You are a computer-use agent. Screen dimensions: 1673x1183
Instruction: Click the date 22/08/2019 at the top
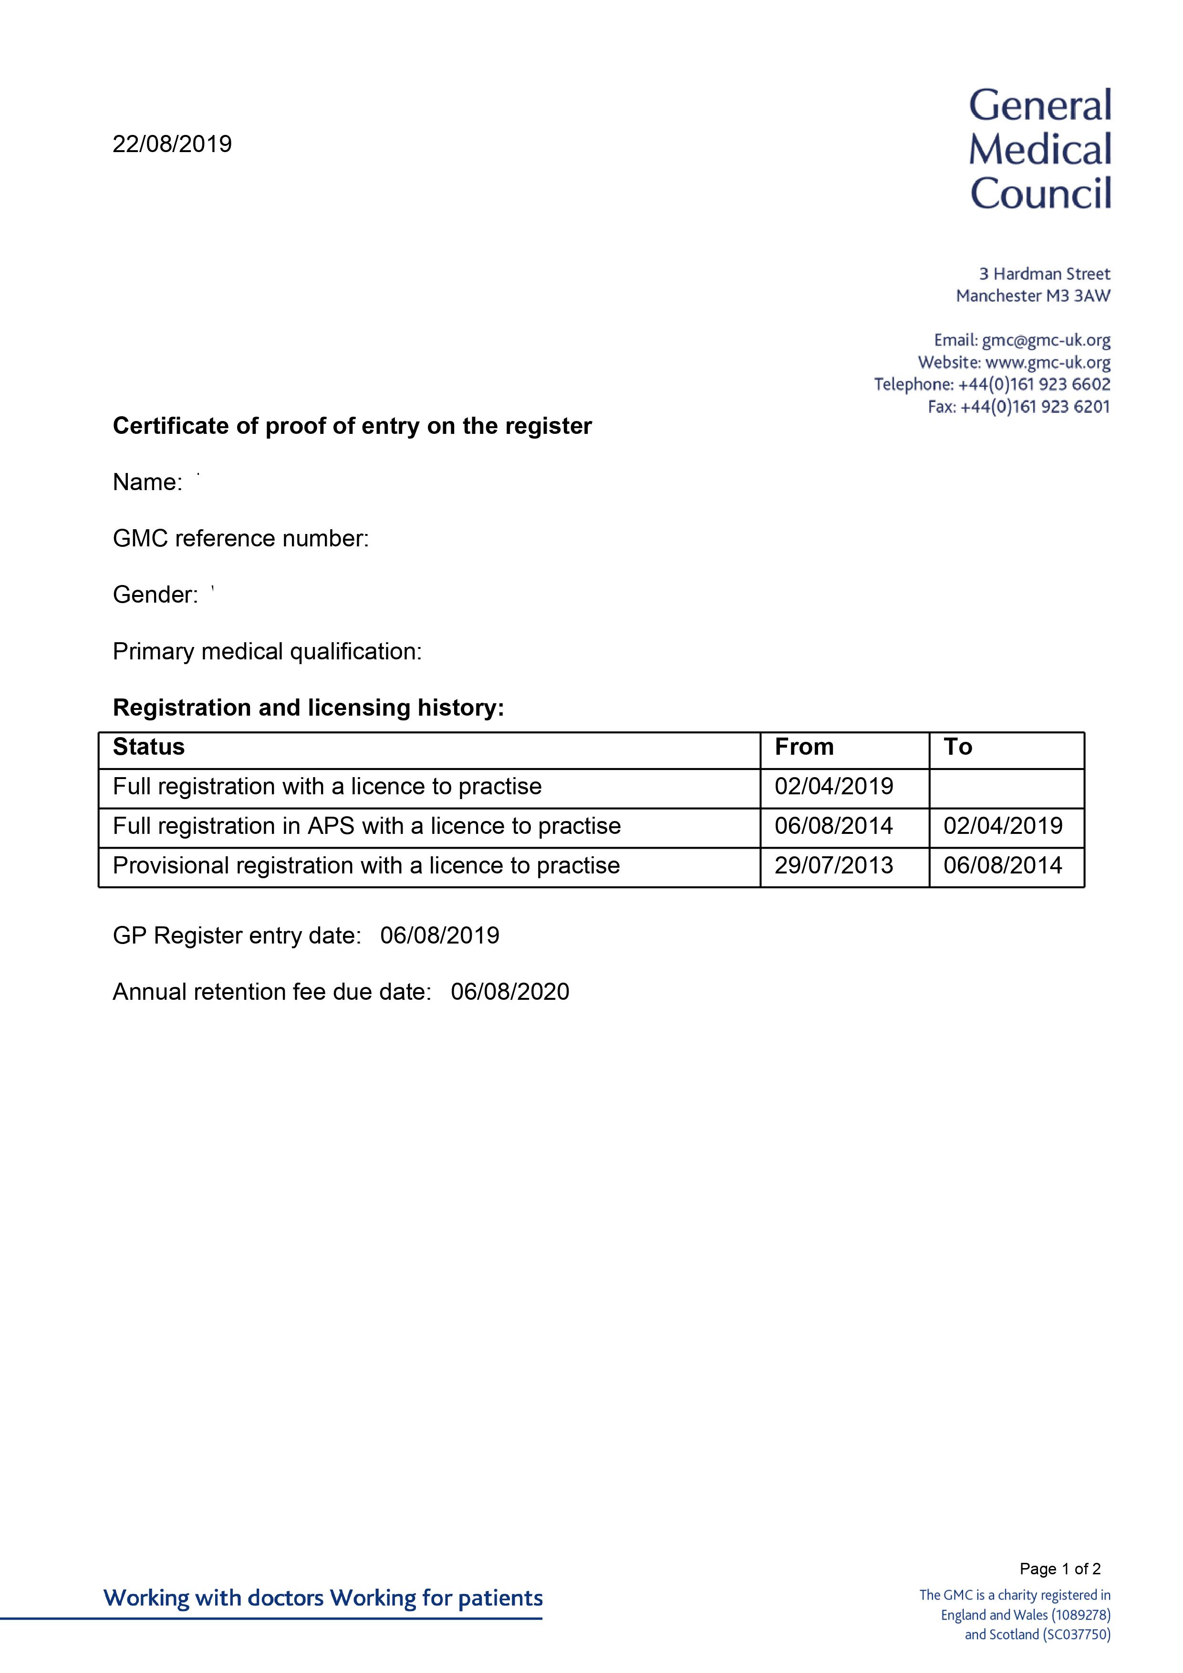click(172, 144)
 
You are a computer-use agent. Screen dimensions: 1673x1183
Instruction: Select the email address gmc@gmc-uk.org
click(1046, 340)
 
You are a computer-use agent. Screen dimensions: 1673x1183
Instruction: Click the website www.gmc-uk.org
click(1048, 362)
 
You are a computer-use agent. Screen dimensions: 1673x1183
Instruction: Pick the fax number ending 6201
click(1035, 407)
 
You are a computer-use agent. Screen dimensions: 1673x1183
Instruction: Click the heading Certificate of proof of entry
click(352, 426)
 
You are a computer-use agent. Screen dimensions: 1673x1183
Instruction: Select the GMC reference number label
click(240, 538)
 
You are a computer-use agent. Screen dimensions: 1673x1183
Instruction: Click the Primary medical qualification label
click(267, 651)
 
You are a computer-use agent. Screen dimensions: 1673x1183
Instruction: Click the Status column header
click(149, 747)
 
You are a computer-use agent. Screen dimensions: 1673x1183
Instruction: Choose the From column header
click(803, 747)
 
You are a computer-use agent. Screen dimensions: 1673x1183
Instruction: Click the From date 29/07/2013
click(833, 866)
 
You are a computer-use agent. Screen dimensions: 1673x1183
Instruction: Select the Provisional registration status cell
click(366, 866)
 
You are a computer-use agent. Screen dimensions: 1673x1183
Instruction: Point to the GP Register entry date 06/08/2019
click(439, 935)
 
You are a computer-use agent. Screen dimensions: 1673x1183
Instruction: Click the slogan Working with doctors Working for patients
click(323, 1598)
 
